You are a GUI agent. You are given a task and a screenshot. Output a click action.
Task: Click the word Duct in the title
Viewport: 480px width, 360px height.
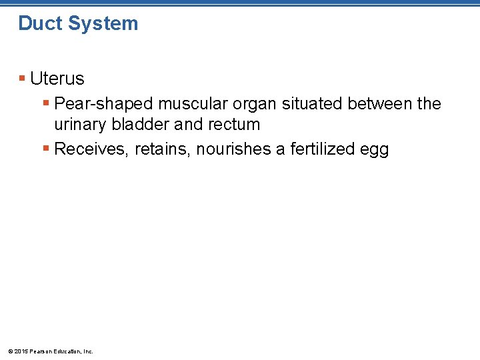tap(39, 23)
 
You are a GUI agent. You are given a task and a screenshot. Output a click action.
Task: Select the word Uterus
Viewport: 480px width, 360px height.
tap(57, 79)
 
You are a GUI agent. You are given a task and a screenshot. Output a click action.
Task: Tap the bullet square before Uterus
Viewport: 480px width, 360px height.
tap(22, 79)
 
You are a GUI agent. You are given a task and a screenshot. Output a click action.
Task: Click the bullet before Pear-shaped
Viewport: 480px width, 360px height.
tap(45, 103)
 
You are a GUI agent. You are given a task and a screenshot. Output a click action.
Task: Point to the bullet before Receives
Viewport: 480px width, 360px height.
tap(45, 149)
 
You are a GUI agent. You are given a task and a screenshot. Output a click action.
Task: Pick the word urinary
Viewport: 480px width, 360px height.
tap(78, 125)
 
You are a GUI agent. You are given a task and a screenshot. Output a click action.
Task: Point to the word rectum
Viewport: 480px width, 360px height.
tap(234, 125)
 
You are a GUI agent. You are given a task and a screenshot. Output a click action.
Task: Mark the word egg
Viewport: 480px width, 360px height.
tap(374, 151)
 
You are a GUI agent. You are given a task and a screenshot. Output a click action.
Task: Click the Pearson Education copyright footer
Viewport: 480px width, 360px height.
tap(51, 351)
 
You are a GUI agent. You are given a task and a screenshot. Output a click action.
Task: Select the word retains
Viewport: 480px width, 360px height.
tap(162, 149)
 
